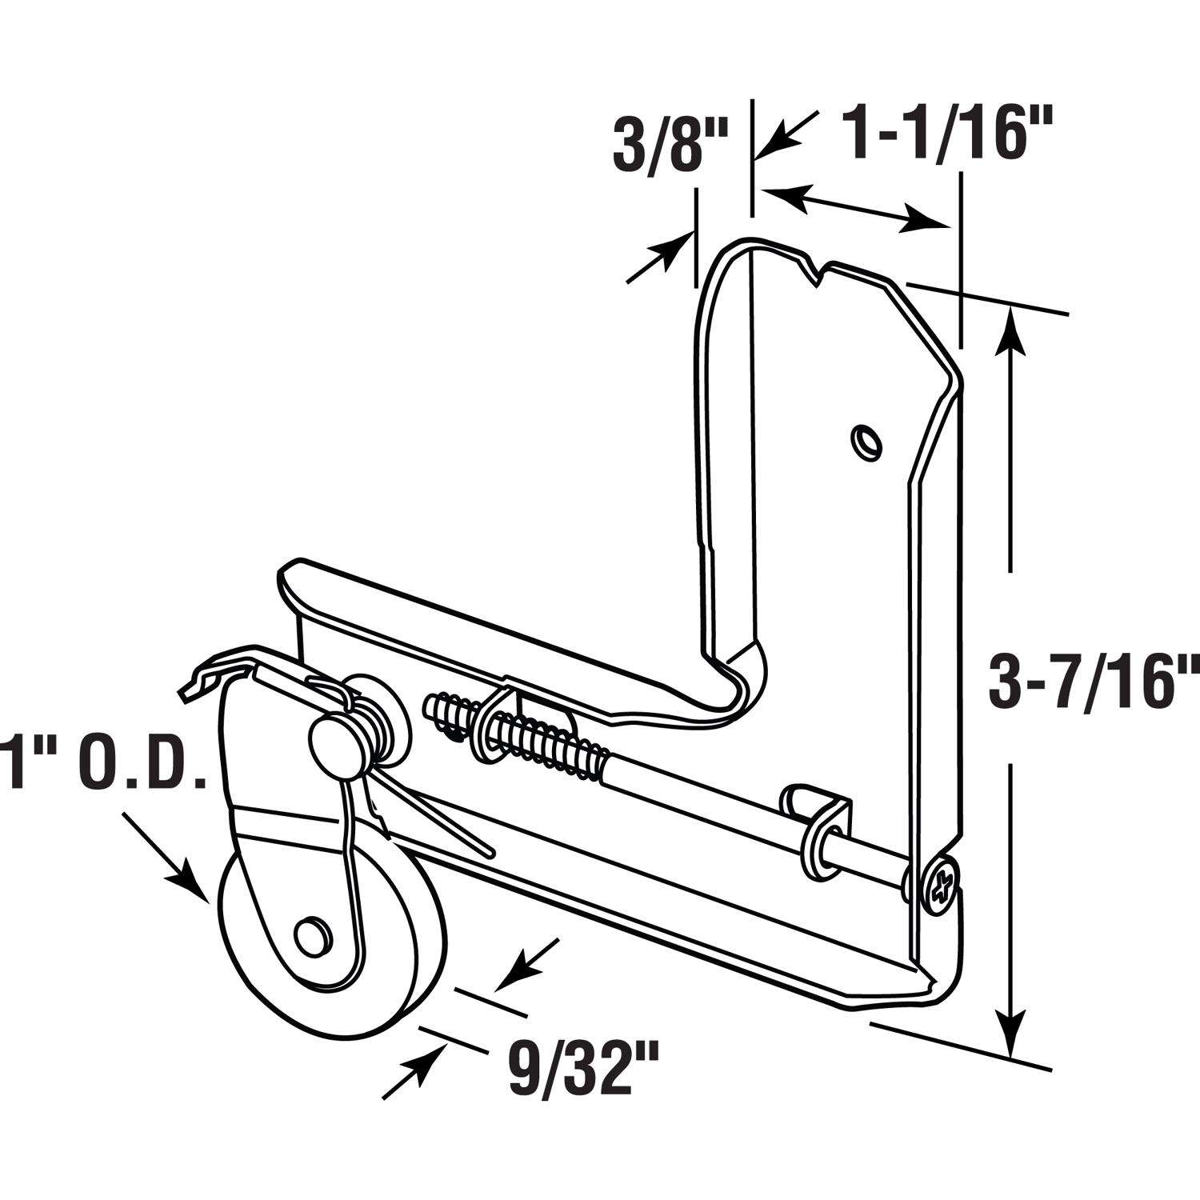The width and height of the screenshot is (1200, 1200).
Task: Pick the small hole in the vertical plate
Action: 864,440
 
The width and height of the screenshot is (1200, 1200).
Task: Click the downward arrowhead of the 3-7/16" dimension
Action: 1012,1036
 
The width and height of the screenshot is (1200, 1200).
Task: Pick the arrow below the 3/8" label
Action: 660,256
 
